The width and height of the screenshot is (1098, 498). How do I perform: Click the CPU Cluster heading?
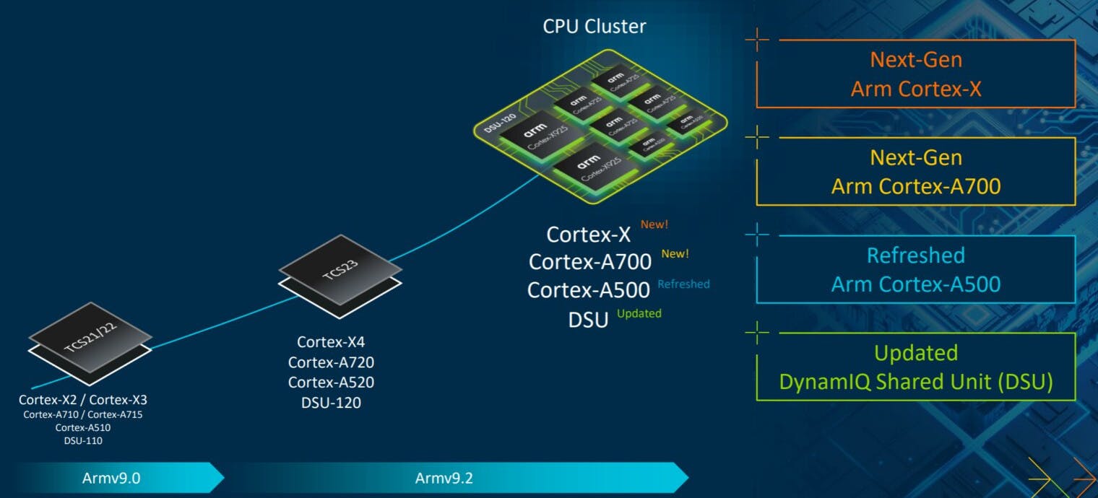point(594,27)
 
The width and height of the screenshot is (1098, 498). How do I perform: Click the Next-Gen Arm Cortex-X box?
point(915,74)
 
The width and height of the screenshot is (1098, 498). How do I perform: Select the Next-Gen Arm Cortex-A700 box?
point(915,172)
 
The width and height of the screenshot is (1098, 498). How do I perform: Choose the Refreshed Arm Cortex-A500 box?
point(915,269)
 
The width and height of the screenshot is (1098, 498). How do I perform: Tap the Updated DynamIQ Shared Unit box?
point(915,367)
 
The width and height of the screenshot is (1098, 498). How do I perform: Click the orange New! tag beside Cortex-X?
point(654,224)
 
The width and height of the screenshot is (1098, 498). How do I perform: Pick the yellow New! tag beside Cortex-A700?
point(675,254)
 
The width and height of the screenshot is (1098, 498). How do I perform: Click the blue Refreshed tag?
point(683,284)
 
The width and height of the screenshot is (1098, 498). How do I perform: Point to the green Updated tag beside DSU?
point(639,313)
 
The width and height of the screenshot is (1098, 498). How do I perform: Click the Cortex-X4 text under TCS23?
point(331,342)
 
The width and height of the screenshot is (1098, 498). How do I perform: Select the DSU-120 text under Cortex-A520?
point(331,403)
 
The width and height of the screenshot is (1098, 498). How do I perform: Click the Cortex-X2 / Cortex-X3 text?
point(83,400)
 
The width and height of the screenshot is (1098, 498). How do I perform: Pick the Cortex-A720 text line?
point(331,362)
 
